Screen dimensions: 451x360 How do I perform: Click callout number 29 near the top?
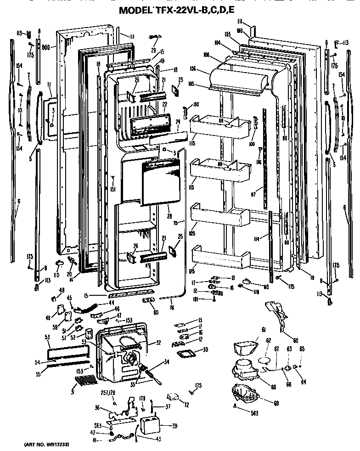pyautogui.click(x=153, y=50)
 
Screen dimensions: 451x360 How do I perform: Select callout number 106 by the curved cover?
pyautogui.click(x=192, y=69)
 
